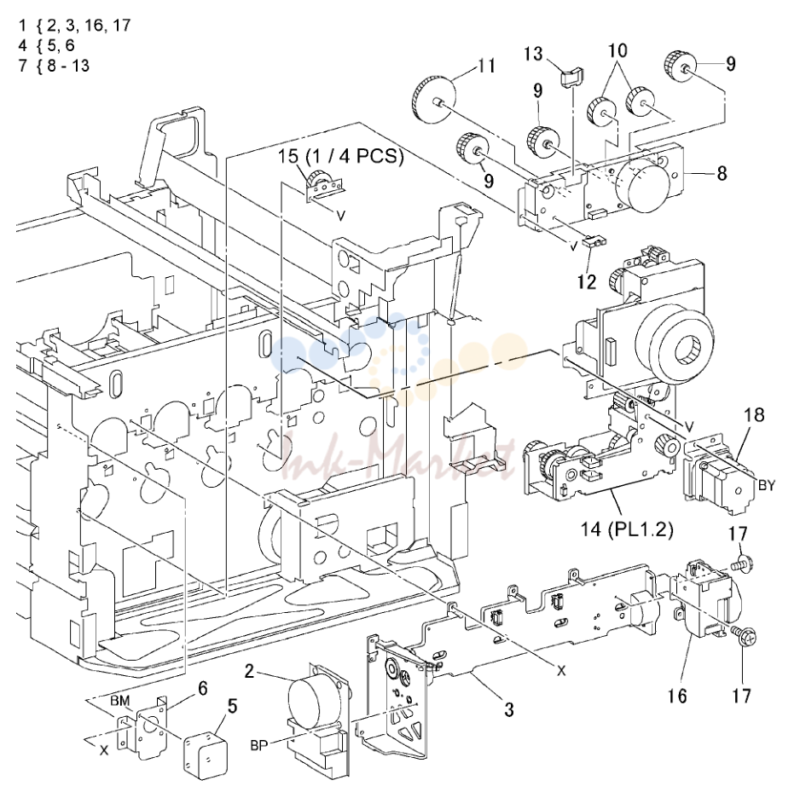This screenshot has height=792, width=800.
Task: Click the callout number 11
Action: (486, 66)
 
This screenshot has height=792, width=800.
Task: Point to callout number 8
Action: (722, 173)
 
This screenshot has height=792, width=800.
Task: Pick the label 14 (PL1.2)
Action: (627, 529)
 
